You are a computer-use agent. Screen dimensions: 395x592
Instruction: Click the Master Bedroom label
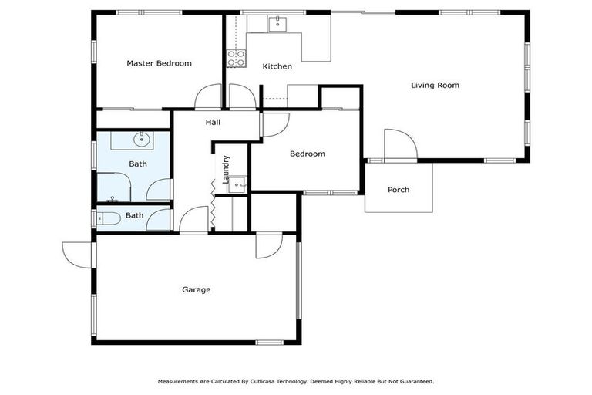point(159,63)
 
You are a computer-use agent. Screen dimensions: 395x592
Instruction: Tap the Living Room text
point(435,86)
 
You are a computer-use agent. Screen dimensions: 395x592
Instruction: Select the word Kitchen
point(277,66)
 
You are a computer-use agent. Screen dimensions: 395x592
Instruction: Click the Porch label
point(399,190)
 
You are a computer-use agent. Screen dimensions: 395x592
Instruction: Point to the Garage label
point(196,290)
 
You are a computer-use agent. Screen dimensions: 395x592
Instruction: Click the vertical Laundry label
point(226,169)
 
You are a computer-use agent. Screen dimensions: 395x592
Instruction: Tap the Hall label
point(214,122)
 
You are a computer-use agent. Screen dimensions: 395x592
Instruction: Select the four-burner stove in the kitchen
point(236,58)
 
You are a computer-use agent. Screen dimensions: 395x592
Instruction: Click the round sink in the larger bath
point(141,140)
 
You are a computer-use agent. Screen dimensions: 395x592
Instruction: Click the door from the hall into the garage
point(193,221)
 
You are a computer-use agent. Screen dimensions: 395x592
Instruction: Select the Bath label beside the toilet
point(135,216)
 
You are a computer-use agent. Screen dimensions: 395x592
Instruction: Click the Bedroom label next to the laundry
point(307,154)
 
